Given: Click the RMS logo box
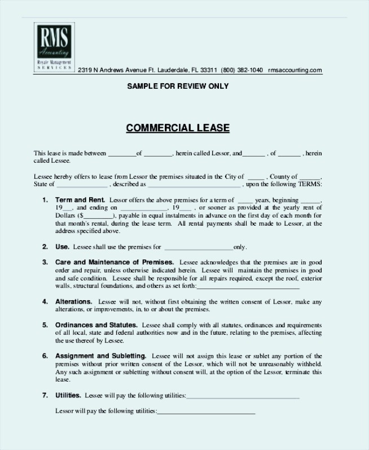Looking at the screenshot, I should pos(54,46).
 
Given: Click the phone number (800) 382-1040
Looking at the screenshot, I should pos(241,71).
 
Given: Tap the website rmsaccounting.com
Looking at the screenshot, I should pos(295,71).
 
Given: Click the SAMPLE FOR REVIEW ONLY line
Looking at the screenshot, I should pos(178,86).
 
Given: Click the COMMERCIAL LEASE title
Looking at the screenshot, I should pos(178,128).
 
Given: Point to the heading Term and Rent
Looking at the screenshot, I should pos(80,200).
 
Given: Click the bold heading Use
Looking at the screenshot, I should pos(62,247).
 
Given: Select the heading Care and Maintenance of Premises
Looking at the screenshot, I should pos(115,262).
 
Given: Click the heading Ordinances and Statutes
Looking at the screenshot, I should pos(96,326).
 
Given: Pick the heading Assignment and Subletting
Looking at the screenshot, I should pos(100,356).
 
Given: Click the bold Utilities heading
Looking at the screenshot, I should pos(68,395).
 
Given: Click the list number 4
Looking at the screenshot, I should pos(45,302).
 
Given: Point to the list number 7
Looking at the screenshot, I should pos(45,395).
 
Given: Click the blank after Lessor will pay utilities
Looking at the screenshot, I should pos(206,411).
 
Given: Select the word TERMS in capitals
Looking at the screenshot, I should pos(311,184).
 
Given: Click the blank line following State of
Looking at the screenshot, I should pos(82,184).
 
